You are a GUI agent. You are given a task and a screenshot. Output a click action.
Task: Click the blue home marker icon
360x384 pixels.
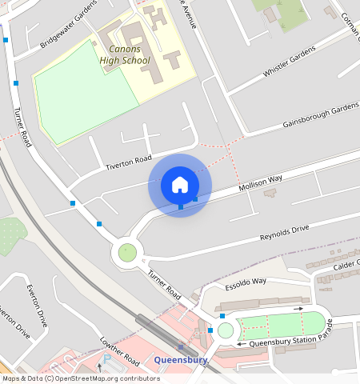point(180,185)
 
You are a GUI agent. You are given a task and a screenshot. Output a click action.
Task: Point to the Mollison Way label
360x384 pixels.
point(261,187)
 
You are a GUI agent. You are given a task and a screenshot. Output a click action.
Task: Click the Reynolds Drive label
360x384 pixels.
point(283,234)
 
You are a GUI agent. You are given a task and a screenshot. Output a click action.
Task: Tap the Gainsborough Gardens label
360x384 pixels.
point(321,116)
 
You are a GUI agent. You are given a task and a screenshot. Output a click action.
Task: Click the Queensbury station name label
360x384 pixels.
point(181,360)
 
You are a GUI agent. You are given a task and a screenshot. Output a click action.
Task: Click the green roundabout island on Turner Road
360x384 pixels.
point(127,254)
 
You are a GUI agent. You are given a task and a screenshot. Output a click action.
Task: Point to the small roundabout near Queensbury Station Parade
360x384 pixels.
point(226,330)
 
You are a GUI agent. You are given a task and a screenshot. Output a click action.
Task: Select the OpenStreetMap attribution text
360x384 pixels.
point(81,378)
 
